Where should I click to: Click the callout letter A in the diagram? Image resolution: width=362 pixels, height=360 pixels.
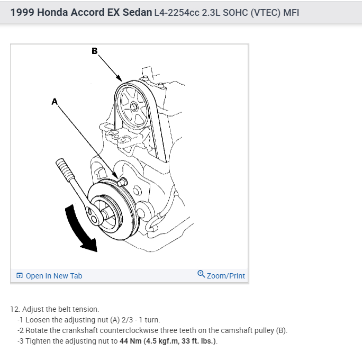point(54,101)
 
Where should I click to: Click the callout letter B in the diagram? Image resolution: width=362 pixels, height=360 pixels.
point(94,51)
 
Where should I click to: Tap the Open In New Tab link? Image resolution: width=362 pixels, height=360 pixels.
point(53,276)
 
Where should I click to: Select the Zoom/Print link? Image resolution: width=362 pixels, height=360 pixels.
point(225,276)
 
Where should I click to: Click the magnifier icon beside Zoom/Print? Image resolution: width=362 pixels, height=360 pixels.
point(201,275)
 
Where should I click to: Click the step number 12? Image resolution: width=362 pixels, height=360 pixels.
point(14,309)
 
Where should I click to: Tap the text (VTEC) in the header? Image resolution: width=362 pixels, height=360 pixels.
point(268,12)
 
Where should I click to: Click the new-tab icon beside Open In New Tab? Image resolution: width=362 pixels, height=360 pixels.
point(20,276)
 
